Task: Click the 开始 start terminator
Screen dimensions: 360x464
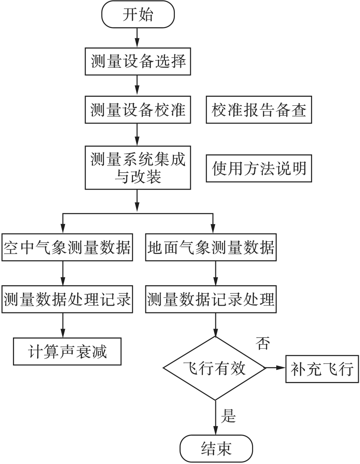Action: [x=138, y=14]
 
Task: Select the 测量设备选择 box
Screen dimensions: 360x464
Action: [x=138, y=61]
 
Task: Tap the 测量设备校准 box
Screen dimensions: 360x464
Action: [x=138, y=110]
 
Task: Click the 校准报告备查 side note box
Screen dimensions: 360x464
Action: [x=259, y=110]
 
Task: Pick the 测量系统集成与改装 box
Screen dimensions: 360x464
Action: [x=138, y=167]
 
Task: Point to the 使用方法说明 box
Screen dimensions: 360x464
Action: [x=259, y=168]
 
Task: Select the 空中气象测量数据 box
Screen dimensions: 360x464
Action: [x=67, y=247]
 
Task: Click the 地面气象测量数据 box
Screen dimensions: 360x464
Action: [x=211, y=247]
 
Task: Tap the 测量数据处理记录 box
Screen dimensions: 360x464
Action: [x=67, y=299]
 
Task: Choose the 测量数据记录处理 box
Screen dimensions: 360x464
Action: [x=211, y=299]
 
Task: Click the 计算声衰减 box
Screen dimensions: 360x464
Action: [x=67, y=351]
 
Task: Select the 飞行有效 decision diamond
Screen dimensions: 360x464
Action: [x=215, y=368]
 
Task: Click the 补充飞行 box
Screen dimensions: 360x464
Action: [x=322, y=369]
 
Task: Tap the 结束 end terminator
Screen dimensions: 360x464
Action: [x=216, y=448]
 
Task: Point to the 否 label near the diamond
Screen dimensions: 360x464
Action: [x=263, y=343]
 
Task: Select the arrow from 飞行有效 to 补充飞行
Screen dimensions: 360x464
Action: [x=276, y=368]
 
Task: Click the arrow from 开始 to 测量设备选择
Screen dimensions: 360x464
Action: [x=137, y=38]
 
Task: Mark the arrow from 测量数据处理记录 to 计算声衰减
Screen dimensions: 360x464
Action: [x=63, y=325]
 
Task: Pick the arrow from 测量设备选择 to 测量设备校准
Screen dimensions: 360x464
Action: [x=137, y=85]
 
